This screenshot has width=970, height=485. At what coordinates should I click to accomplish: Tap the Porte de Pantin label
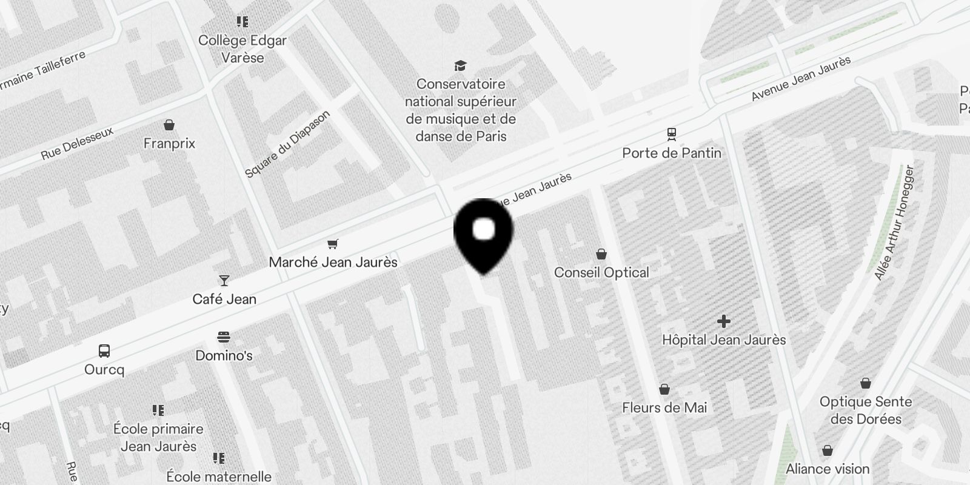point(672,153)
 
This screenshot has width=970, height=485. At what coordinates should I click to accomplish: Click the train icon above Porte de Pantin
point(671,133)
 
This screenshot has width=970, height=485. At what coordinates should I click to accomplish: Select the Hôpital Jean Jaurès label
point(724,339)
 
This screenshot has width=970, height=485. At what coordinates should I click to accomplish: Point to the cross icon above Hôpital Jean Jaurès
point(723,321)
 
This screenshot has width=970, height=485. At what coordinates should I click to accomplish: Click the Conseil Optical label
point(601,272)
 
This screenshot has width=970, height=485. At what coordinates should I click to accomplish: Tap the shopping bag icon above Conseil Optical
point(601,253)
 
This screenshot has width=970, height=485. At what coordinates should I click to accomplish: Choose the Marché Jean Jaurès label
point(333,262)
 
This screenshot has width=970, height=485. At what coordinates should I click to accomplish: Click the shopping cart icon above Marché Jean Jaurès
point(332,244)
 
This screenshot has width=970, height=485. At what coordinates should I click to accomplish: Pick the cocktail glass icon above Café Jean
point(224,280)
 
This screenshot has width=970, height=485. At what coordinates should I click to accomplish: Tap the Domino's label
point(224,355)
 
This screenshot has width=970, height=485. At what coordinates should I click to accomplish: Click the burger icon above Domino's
point(224,336)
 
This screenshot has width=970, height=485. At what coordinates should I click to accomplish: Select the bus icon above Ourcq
point(104,350)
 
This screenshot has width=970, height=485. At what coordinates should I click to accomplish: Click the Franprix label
point(169,144)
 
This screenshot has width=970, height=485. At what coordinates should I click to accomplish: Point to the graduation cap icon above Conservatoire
point(461,65)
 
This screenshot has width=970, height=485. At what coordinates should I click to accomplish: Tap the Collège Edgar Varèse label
point(242,49)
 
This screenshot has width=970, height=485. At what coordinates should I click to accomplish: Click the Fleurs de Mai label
point(664,407)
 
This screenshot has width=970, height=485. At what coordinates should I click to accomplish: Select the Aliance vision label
point(828,469)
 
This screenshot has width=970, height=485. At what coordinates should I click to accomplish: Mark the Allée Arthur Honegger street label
point(894,222)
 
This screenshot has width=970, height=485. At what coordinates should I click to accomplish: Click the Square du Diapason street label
point(288,144)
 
